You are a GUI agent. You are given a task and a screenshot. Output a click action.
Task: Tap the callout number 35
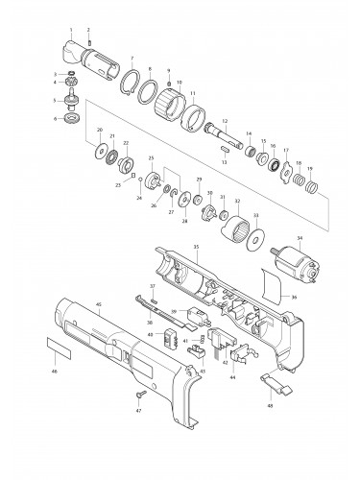click(196, 247)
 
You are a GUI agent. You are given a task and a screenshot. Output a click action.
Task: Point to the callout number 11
click(192, 93)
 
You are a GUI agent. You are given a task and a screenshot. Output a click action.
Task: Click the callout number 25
click(150, 157)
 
